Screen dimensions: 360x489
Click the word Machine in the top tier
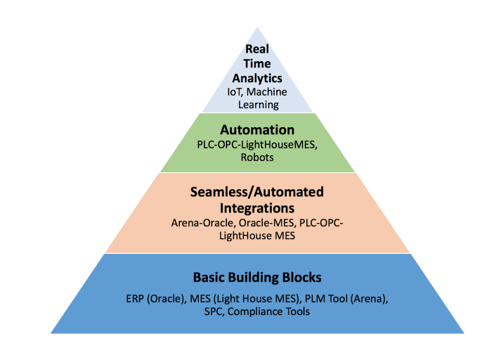point(268,92)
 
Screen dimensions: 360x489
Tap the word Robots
point(257,159)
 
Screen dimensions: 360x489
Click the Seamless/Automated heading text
point(258,191)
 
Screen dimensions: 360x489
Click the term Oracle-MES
point(260,224)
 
